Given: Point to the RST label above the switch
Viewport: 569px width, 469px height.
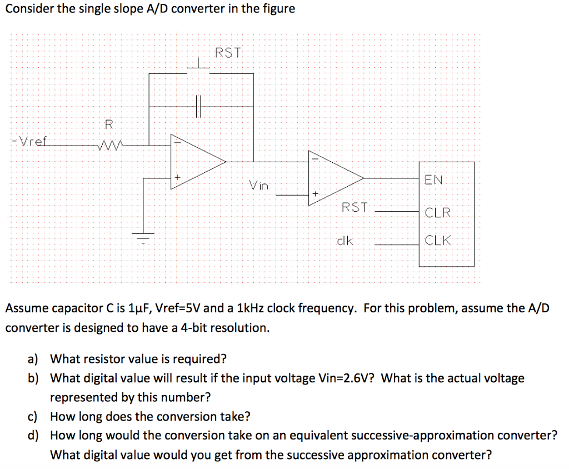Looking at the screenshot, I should pos(228,53).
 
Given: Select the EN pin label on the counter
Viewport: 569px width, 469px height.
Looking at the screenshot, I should pos(433,179).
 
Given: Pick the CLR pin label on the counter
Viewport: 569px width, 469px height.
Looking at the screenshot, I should pos(438,213).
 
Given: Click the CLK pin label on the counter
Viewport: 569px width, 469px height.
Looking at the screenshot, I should pos(438,241).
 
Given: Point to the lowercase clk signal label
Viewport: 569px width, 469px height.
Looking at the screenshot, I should pos(345,242).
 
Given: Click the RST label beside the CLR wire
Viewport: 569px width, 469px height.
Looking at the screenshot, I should pos(355,207).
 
